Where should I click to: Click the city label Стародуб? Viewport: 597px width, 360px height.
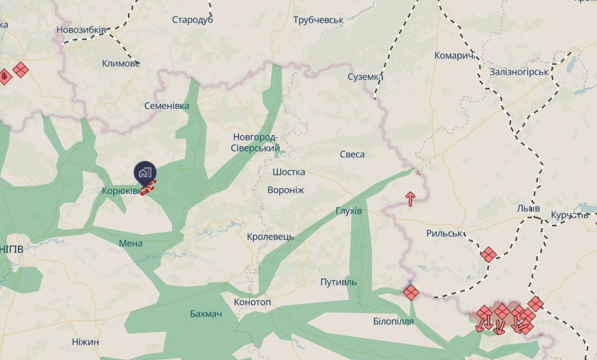(192, 20)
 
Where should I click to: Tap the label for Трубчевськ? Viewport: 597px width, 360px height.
(318, 20)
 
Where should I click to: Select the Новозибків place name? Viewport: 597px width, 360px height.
(81, 30)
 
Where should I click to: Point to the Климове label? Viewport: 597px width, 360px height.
(121, 63)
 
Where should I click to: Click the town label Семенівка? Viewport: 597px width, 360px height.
(166, 106)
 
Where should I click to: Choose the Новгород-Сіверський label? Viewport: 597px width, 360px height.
(255, 143)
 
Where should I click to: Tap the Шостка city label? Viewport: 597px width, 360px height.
(289, 172)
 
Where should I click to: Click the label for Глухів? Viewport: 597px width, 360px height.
(349, 211)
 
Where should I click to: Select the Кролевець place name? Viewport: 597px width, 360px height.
(270, 236)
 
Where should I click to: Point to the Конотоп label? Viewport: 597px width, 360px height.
(252, 302)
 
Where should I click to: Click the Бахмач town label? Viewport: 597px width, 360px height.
(206, 314)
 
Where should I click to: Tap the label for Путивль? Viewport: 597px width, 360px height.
(338, 282)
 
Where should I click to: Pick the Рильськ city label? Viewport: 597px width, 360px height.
(444, 233)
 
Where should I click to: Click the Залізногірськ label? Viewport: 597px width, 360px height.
(519, 72)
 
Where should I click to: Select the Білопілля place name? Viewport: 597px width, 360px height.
(393, 321)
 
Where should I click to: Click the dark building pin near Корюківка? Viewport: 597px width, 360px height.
(145, 173)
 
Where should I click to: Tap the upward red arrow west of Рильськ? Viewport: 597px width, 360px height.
(411, 199)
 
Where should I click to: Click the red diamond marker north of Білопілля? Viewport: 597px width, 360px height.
(411, 292)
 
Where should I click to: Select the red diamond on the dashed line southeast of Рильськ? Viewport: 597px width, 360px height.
(488, 255)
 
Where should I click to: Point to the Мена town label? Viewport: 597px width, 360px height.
(130, 243)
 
